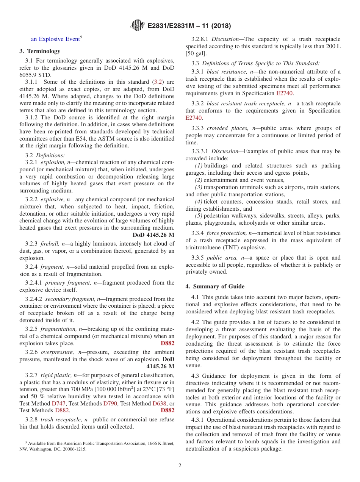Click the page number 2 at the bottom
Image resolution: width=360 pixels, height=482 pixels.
(180, 465)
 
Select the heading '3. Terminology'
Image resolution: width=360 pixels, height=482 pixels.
(40, 51)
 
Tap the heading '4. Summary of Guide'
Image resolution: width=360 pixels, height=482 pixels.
(215, 286)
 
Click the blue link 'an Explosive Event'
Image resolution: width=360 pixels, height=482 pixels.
(55, 39)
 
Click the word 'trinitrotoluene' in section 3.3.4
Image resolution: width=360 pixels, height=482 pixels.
(204, 247)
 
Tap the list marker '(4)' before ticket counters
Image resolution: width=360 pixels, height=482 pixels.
(199, 202)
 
